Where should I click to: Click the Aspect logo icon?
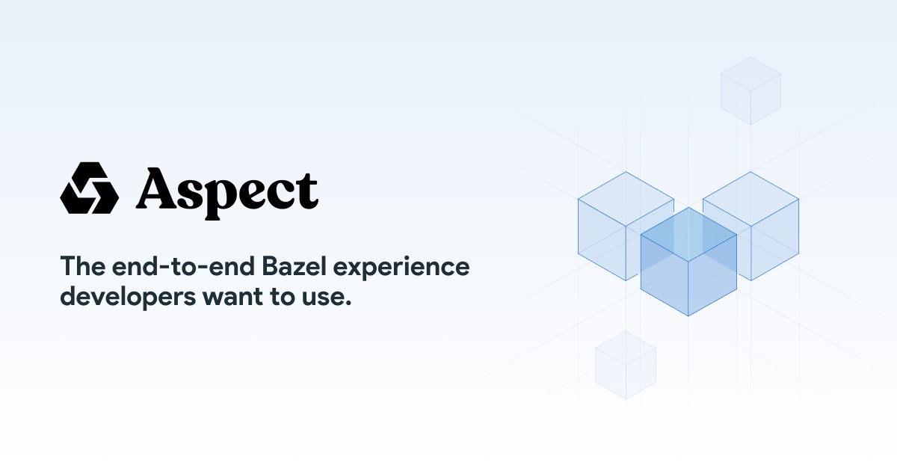click(x=89, y=188)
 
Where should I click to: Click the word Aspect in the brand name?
click(x=227, y=190)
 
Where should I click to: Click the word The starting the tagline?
click(x=81, y=267)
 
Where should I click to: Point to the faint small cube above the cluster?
click(x=750, y=90)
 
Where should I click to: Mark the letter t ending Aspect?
click(x=308, y=190)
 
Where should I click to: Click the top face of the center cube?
click(x=688, y=235)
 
